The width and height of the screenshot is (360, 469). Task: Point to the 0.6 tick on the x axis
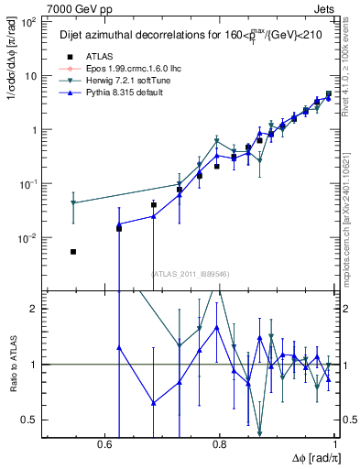point(107,444)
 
